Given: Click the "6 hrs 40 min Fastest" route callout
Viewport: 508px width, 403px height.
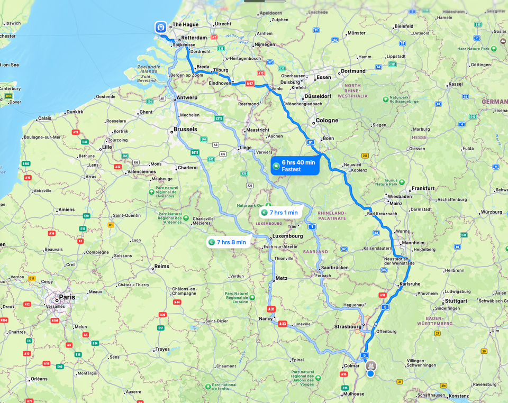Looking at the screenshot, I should click(x=295, y=166).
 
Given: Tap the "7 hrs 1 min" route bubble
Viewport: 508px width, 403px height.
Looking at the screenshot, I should click(x=280, y=213).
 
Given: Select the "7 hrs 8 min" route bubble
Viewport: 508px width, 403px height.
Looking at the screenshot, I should click(x=227, y=242).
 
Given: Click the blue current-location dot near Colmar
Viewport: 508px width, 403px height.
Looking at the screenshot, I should click(x=370, y=373).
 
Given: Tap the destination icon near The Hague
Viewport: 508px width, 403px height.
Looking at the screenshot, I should click(x=160, y=27).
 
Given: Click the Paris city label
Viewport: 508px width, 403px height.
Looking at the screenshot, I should click(x=67, y=297).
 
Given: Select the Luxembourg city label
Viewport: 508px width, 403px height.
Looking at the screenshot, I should click(x=287, y=236).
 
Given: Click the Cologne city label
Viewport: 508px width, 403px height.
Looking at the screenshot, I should click(x=326, y=120).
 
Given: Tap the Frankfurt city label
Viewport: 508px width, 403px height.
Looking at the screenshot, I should click(x=423, y=188).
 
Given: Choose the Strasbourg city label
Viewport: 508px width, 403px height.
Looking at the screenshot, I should click(x=348, y=326).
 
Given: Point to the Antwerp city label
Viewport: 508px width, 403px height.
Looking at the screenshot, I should click(x=187, y=97).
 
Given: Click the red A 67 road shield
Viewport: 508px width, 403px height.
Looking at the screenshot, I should click(x=249, y=83).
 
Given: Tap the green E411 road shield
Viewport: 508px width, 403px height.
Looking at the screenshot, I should click(x=195, y=152).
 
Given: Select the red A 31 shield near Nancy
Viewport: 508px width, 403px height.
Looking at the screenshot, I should click(x=271, y=309).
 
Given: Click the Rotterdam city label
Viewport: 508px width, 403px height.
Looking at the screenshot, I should click(x=194, y=38).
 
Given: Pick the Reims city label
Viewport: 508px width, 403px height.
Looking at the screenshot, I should click(x=162, y=267).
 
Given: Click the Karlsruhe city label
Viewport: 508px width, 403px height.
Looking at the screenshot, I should click(x=411, y=284).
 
